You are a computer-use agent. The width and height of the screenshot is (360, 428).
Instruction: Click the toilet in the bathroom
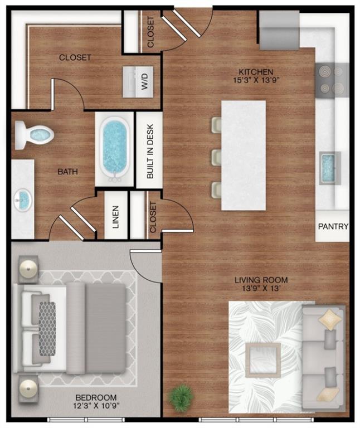[35, 134]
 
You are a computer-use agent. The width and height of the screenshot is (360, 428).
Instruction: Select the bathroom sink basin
[23, 200]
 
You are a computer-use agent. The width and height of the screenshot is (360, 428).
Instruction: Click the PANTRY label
[333, 226]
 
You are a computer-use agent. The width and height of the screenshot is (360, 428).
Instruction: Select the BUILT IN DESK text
[150, 151]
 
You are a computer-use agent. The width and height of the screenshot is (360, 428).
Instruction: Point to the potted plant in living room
[181, 397]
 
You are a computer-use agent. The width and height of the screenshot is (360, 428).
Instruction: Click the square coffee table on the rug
[262, 360]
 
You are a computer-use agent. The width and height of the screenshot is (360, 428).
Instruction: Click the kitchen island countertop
[244, 155]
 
